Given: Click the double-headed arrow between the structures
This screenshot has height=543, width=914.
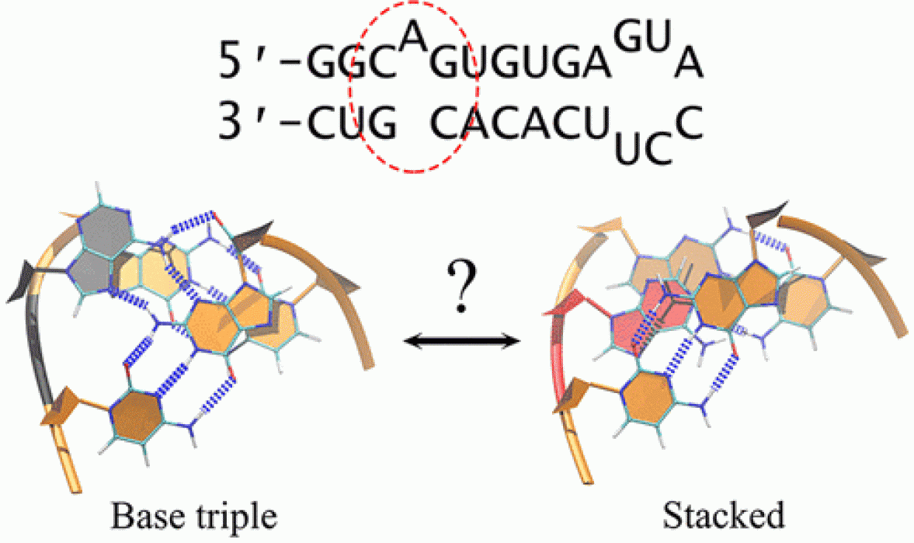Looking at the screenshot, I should pos(462,339).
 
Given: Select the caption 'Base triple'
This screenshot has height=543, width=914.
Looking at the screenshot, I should pos(194,514).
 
